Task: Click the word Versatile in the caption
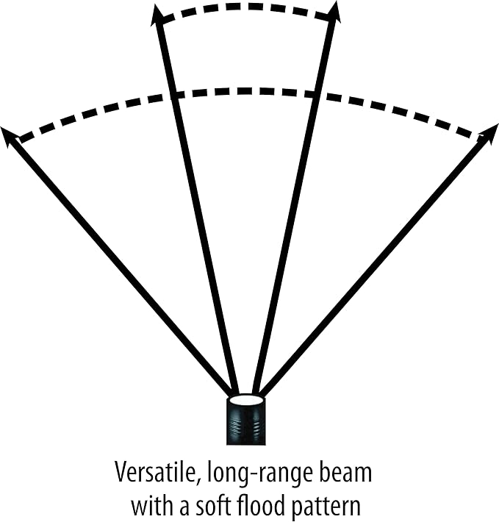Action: (x=154, y=472)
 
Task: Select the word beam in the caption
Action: (x=345, y=472)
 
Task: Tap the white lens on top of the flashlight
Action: (x=246, y=399)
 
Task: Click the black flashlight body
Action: (x=246, y=422)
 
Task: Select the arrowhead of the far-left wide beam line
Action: (x=10, y=137)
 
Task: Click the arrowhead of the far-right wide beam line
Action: (x=489, y=134)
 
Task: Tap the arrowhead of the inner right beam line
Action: (x=334, y=12)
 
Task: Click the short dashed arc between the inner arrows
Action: (x=246, y=7)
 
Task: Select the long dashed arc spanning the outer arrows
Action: (x=246, y=92)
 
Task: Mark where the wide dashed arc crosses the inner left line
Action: (x=174, y=95)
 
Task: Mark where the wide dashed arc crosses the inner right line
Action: (x=316, y=95)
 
